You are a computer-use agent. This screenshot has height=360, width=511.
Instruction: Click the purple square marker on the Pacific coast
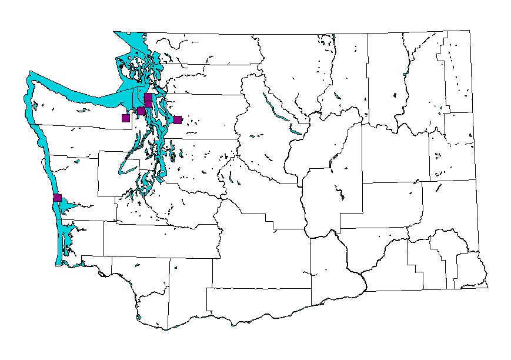pyautogui.click(x=57, y=198)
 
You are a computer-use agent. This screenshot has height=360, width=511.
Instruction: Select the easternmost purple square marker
pyautogui.click(x=178, y=120)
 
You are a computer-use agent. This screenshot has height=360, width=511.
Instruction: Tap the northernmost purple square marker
pyautogui.click(x=148, y=96)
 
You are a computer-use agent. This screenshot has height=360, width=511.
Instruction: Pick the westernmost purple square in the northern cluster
pyautogui.click(x=126, y=118)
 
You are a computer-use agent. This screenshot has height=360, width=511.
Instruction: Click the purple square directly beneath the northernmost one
pyautogui.click(x=148, y=104)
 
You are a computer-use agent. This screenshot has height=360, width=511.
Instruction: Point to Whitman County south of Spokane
pyautogui.click(x=447, y=206)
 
